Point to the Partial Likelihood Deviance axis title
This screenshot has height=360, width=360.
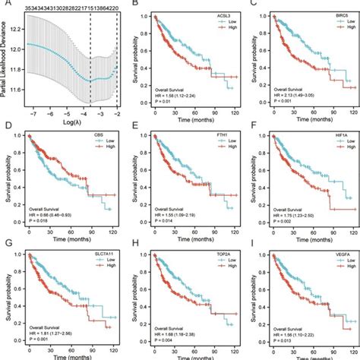6,60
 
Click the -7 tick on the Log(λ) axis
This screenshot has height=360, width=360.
28,113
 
